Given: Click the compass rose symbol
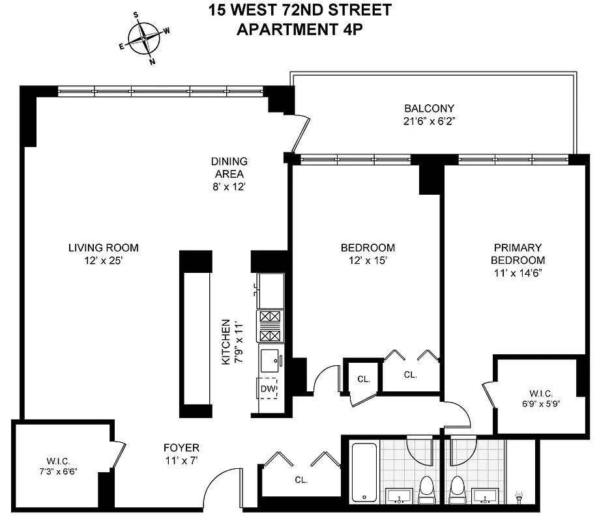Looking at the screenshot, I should click(x=143, y=38).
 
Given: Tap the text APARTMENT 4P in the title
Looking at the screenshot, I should click(x=300, y=29).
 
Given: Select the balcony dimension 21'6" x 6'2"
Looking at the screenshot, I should click(x=428, y=121).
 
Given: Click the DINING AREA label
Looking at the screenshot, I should click(x=229, y=167).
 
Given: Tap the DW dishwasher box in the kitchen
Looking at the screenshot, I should click(x=268, y=389).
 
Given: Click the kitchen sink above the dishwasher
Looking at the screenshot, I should click(x=269, y=359).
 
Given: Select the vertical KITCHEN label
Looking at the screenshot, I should click(x=226, y=342).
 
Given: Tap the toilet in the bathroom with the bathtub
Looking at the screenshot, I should click(x=427, y=487).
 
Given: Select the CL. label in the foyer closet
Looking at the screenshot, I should click(x=300, y=480).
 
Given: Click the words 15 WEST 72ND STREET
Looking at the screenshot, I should click(x=300, y=10).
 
